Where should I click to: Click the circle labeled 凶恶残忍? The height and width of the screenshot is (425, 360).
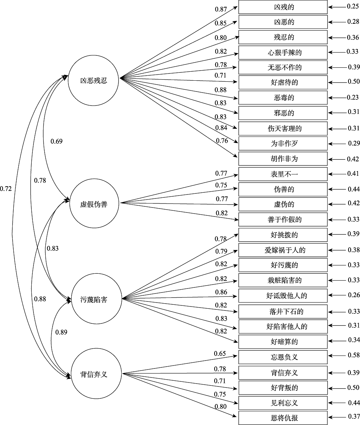(94, 80)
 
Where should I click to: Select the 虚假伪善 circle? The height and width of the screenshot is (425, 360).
(94, 204)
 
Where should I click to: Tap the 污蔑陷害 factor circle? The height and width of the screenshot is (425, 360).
(94, 299)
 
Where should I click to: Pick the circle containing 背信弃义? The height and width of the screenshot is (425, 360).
(94, 374)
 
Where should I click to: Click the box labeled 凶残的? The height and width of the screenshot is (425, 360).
(283, 7)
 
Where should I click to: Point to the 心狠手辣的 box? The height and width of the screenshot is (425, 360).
(283, 53)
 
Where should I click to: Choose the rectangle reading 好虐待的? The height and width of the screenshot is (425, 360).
(283, 82)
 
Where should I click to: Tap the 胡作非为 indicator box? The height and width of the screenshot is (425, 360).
(283, 159)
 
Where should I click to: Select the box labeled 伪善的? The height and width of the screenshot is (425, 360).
(283, 189)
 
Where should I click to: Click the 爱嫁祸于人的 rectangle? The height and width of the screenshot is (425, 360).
(283, 250)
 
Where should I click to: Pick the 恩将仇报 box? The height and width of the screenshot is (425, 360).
(283, 418)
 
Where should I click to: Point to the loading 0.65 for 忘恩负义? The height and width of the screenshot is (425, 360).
(220, 354)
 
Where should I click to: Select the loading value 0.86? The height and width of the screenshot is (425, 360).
(221, 292)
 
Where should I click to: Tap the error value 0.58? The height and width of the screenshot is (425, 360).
(354, 357)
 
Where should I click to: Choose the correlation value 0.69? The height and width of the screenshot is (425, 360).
(57, 141)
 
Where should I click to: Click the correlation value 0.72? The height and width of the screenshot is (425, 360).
(6, 188)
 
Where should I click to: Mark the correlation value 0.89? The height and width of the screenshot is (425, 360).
(61, 332)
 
